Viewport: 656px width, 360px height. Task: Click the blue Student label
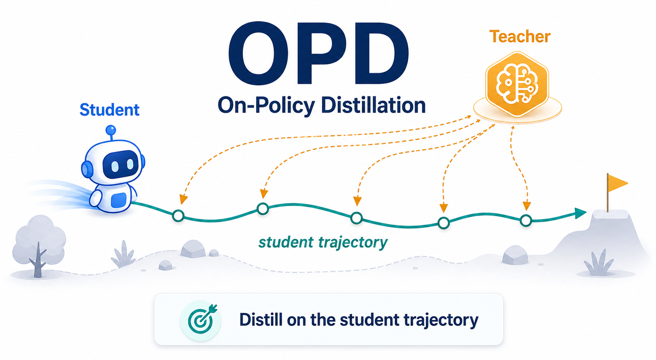[109, 110]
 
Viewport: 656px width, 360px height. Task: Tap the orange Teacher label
[520, 36]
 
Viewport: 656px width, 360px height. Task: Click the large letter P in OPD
[318, 53]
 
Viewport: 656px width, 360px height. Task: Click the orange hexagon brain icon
[517, 84]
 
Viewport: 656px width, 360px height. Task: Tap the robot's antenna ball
[111, 130]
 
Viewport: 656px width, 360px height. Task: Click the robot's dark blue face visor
[121, 165]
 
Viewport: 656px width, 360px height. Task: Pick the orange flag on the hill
[617, 183]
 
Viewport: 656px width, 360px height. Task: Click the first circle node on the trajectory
[178, 216]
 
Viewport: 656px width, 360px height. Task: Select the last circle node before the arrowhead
[526, 220]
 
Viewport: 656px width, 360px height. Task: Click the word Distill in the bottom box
[261, 319]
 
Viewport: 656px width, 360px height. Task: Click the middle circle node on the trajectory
[356, 218]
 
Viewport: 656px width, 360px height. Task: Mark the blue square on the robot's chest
[119, 200]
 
